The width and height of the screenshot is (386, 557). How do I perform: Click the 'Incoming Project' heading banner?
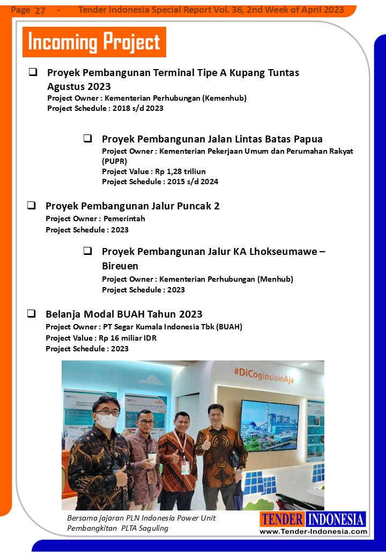(x=94, y=42)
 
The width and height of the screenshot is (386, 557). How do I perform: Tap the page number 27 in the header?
(x=40, y=11)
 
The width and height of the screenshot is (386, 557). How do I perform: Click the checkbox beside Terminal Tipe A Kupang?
(x=33, y=72)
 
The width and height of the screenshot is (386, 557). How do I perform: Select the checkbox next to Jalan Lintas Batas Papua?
(x=87, y=138)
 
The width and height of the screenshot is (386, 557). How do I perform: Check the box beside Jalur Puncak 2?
(x=32, y=205)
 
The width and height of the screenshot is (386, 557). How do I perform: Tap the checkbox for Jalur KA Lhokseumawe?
(x=87, y=251)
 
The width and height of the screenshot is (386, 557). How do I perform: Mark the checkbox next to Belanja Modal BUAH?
(x=32, y=313)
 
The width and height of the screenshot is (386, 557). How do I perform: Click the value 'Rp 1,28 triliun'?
(x=180, y=171)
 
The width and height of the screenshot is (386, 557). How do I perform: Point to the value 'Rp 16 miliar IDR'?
(x=127, y=338)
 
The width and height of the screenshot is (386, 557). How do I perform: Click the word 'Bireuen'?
(x=120, y=266)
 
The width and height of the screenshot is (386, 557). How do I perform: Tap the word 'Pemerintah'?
(x=124, y=219)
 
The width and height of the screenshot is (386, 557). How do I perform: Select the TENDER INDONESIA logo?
(x=313, y=519)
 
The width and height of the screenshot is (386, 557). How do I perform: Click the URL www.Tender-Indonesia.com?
(x=313, y=531)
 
